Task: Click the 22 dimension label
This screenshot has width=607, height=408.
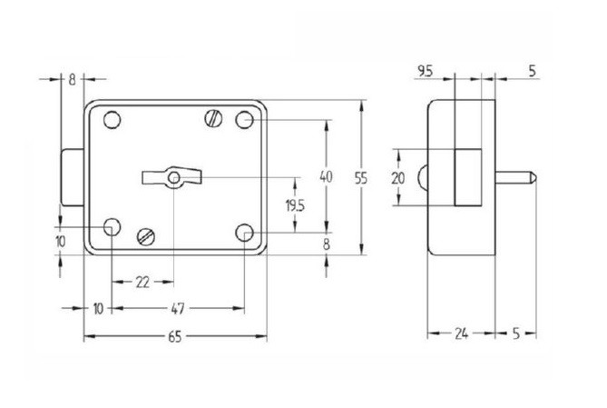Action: click(142, 282)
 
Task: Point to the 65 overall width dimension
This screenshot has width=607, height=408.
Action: click(175, 337)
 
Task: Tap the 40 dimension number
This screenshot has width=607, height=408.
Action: click(328, 174)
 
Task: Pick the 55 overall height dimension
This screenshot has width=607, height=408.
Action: click(362, 178)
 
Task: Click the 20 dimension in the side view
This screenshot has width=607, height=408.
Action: click(397, 178)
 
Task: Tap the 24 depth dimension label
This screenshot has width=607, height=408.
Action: click(461, 334)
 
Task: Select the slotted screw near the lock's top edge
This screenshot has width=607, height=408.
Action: click(214, 116)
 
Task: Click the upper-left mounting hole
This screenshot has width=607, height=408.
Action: click(112, 120)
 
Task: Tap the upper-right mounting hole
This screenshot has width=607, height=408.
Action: click(244, 120)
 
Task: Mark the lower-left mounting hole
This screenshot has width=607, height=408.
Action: click(112, 226)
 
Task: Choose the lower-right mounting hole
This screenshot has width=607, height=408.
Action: click(244, 233)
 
